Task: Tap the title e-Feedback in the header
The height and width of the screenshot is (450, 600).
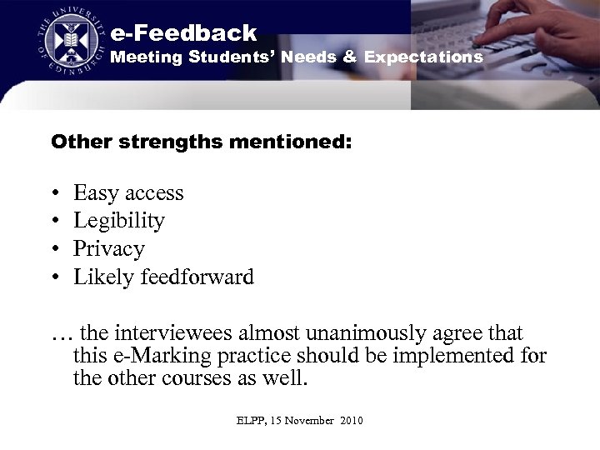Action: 183,33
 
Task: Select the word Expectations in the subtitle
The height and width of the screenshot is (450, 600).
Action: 423,57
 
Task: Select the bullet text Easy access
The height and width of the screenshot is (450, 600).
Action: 128,193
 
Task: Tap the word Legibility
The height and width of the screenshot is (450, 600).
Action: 119,221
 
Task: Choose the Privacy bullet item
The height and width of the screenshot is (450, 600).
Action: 109,249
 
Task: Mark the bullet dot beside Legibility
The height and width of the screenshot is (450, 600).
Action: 54,222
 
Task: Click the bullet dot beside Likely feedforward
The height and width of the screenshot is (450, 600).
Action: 54,277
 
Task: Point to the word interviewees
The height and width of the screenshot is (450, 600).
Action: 173,333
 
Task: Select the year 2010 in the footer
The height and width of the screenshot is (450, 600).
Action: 352,421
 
